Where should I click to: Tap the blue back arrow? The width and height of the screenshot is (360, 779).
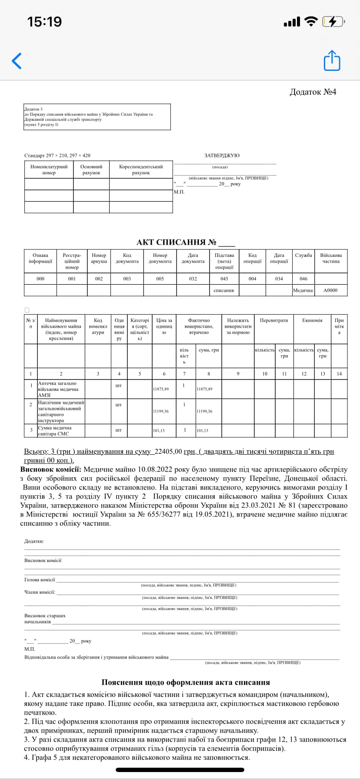(x=17, y=61)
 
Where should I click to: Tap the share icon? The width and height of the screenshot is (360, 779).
(x=332, y=60)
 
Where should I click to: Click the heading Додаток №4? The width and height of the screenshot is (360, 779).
(x=313, y=92)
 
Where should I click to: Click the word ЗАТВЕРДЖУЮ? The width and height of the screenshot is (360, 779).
(x=222, y=156)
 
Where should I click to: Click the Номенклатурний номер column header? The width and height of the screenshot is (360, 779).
(x=49, y=170)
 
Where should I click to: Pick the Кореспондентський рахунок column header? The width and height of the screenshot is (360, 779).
(x=141, y=170)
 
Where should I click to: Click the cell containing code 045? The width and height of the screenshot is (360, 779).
(x=224, y=279)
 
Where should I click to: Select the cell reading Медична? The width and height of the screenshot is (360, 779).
(x=303, y=290)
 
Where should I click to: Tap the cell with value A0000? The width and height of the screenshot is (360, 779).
(x=330, y=290)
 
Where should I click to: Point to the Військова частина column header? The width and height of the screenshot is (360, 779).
(x=330, y=258)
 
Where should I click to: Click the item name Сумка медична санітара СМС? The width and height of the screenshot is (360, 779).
(x=54, y=431)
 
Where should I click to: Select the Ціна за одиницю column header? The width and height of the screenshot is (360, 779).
(x=164, y=326)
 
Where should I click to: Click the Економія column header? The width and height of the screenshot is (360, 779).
(x=312, y=320)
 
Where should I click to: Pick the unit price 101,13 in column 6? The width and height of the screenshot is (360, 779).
(x=159, y=431)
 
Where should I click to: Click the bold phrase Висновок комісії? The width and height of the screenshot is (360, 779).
(x=50, y=469)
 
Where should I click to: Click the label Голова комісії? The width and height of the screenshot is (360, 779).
(x=40, y=579)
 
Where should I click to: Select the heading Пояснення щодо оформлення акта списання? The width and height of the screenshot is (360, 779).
(x=186, y=682)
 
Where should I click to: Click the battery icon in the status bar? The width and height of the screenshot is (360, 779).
(x=333, y=21)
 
